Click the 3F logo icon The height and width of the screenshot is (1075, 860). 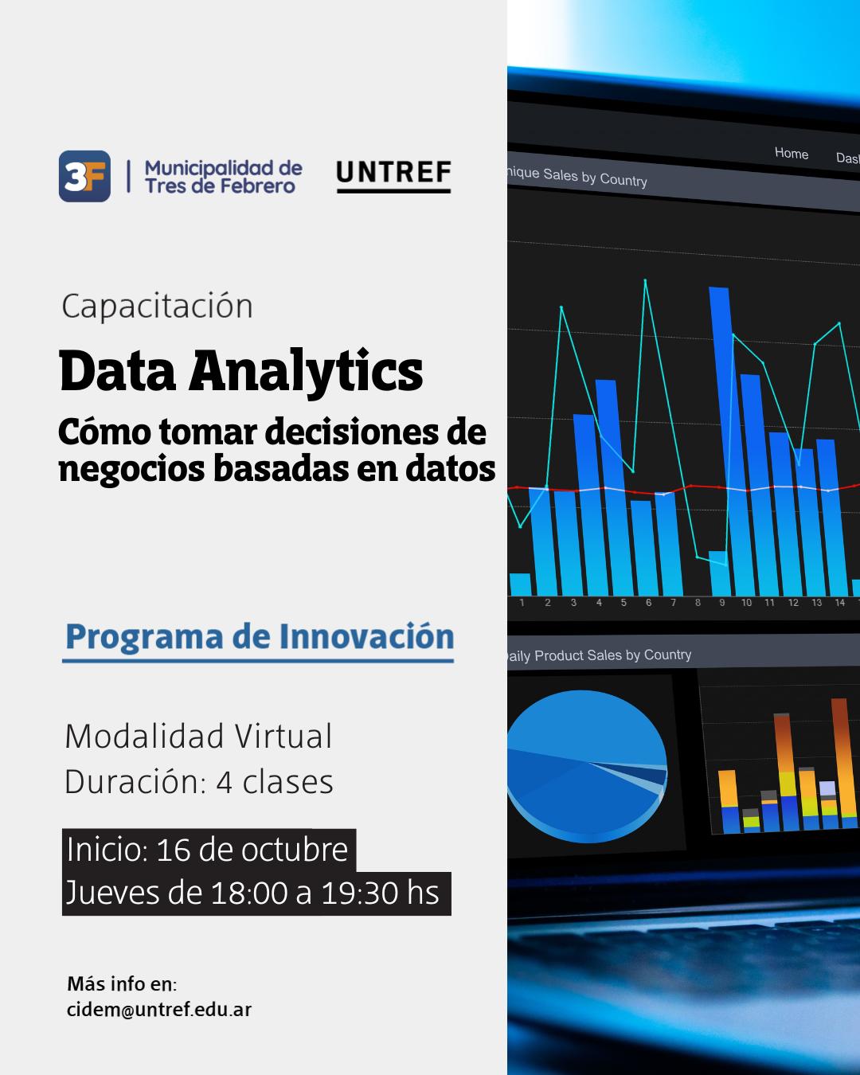[84, 176]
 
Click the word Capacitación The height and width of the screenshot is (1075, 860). [157, 306]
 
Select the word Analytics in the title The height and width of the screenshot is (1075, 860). [306, 371]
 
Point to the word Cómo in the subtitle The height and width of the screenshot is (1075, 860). [104, 432]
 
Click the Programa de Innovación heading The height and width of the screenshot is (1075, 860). [260, 637]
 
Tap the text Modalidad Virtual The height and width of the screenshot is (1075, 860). [198, 736]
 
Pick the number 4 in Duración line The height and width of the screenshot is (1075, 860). [225, 782]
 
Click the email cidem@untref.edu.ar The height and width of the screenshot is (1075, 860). [159, 1010]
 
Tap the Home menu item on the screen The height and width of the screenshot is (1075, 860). [791, 153]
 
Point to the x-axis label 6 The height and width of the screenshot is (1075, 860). [648, 603]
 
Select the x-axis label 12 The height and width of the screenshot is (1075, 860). [793, 603]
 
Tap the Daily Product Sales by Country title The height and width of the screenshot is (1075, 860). [599, 655]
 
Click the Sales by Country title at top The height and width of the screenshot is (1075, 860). [577, 176]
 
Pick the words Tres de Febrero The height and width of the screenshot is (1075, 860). [221, 186]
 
